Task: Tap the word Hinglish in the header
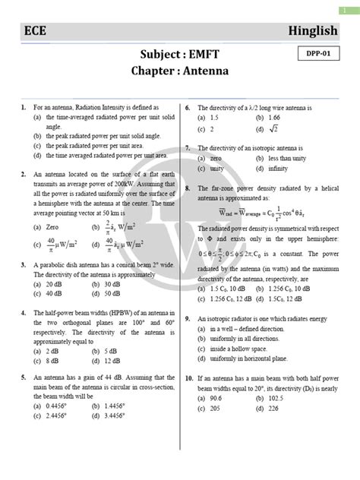(x=321, y=30)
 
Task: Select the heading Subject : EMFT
(x=180, y=55)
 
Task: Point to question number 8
(x=188, y=186)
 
